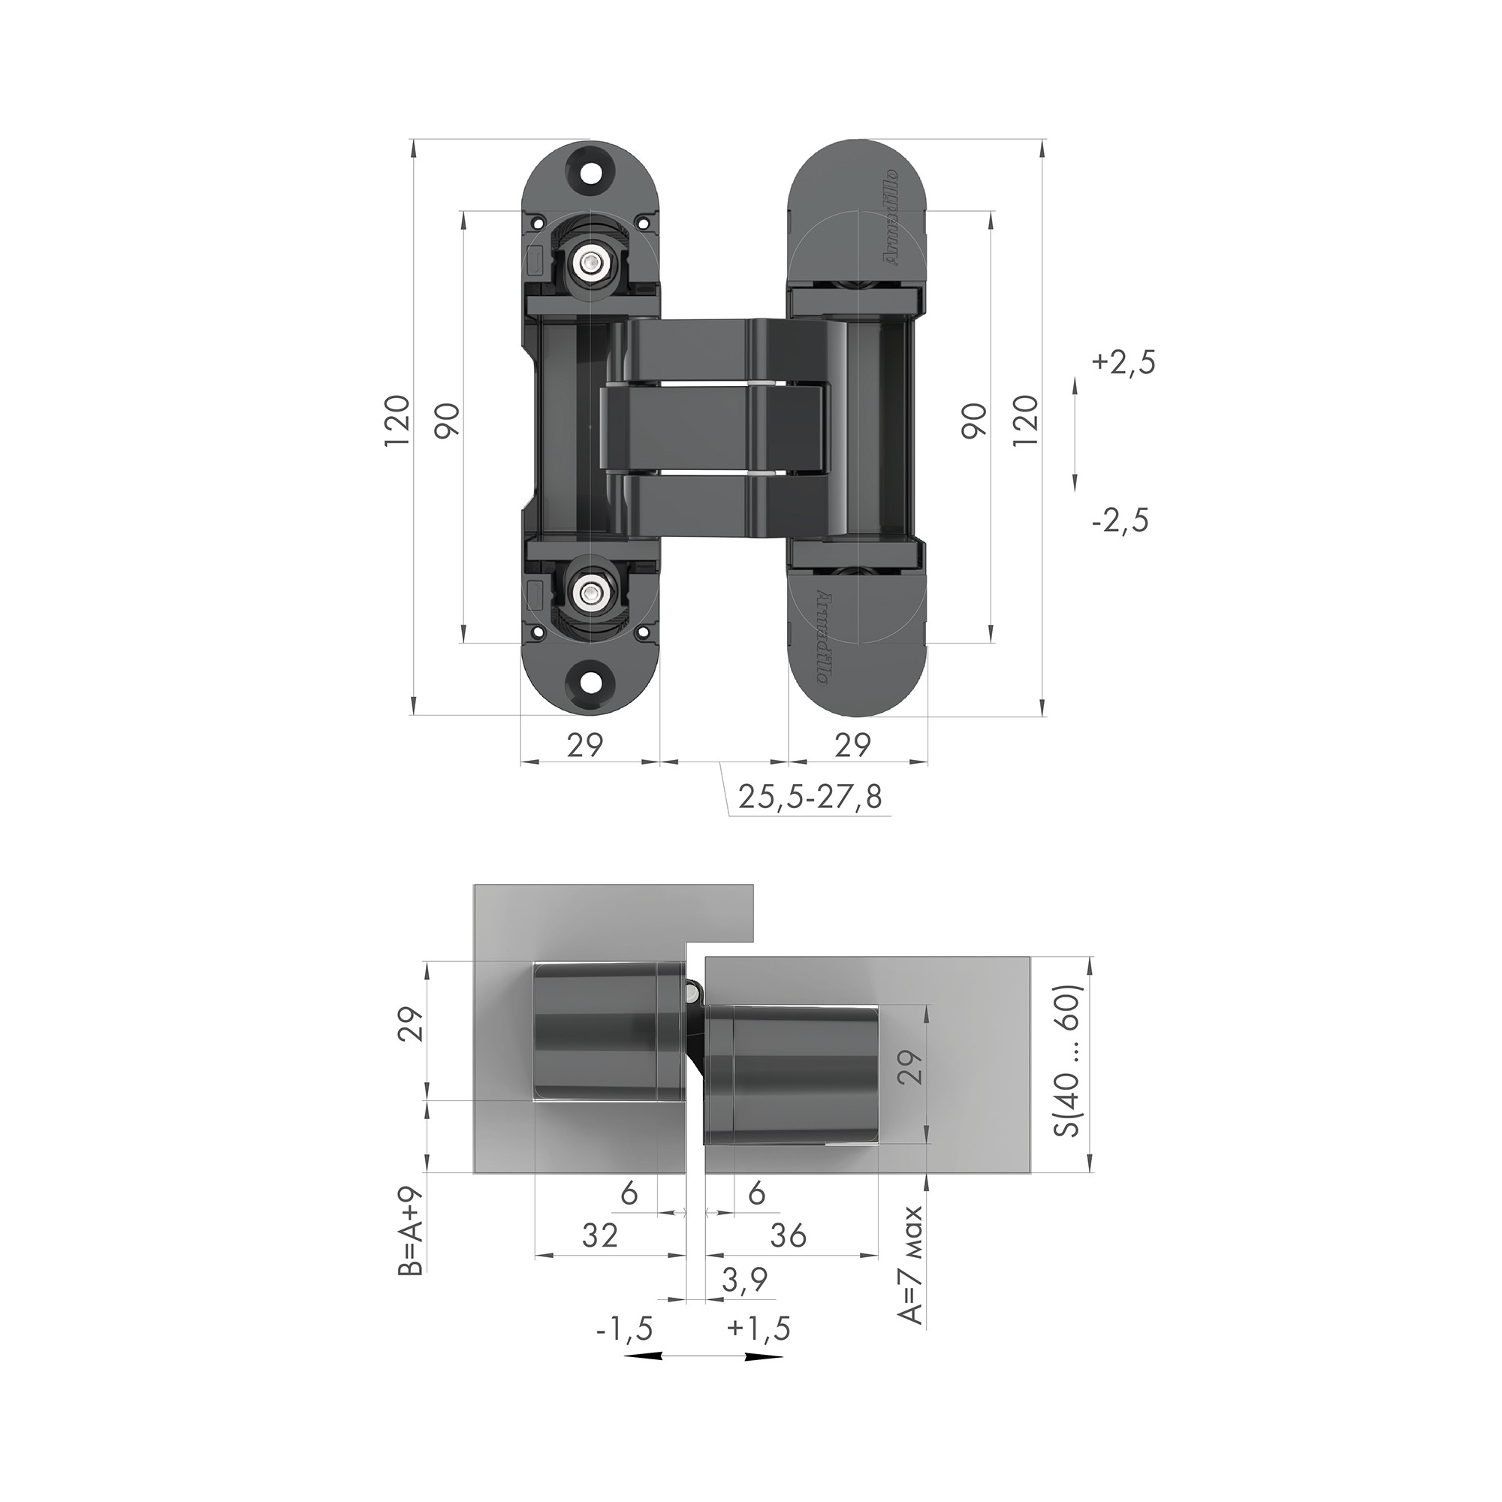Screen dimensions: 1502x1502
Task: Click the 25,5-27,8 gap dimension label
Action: coord(810,798)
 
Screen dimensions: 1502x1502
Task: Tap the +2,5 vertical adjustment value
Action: coord(1123,363)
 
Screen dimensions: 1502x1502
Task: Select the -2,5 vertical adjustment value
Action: coord(1120,520)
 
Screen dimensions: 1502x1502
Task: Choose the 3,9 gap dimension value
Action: coord(745,1280)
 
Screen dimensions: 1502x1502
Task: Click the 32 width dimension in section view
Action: coord(600,1235)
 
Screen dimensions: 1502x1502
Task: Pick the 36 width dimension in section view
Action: coord(789,1235)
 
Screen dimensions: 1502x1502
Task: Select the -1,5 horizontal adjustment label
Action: coord(624,1329)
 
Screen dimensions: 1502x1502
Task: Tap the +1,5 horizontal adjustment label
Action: coord(759,1329)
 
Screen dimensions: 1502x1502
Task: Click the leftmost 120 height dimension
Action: coord(397,420)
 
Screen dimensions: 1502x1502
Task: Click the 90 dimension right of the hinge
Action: coord(975,420)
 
